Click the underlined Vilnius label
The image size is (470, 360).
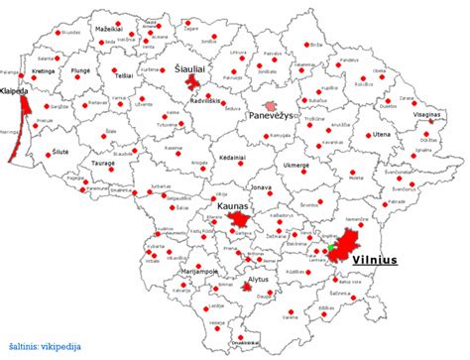[x=374, y=262]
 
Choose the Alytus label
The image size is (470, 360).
[x=257, y=280]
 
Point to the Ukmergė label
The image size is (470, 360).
[x=296, y=163]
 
